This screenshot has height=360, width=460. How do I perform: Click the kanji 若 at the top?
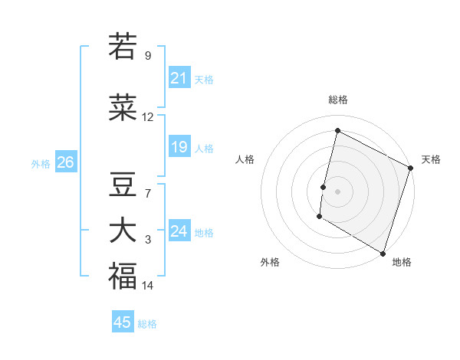(x=122, y=47)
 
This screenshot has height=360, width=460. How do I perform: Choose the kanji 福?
(x=122, y=276)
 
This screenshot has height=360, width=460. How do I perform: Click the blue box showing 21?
(x=179, y=78)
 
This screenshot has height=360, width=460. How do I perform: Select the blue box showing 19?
(x=179, y=147)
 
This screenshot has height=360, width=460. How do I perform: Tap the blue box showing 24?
(x=179, y=231)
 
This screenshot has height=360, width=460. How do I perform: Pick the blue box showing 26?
(x=65, y=162)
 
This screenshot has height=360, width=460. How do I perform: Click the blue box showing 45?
(x=123, y=322)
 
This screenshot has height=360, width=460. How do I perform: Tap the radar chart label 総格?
(x=337, y=100)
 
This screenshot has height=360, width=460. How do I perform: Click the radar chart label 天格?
(x=431, y=159)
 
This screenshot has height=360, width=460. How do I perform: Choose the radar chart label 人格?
(x=245, y=159)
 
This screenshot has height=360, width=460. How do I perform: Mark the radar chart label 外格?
(x=270, y=262)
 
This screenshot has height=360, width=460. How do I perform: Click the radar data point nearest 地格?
(x=383, y=253)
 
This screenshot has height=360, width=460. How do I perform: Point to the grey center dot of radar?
(x=337, y=191)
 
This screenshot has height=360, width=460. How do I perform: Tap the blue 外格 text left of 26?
(x=41, y=163)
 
